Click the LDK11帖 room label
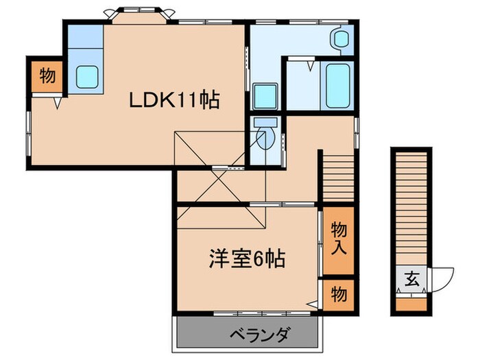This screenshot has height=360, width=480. pyautogui.click(x=175, y=101)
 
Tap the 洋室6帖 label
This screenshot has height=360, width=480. pyautogui.click(x=248, y=260)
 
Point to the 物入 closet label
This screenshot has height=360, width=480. pyautogui.click(x=339, y=238)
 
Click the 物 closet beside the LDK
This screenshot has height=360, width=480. pyautogui.click(x=47, y=76)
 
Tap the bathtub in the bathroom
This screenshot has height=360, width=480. pyautogui.click(x=338, y=85)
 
